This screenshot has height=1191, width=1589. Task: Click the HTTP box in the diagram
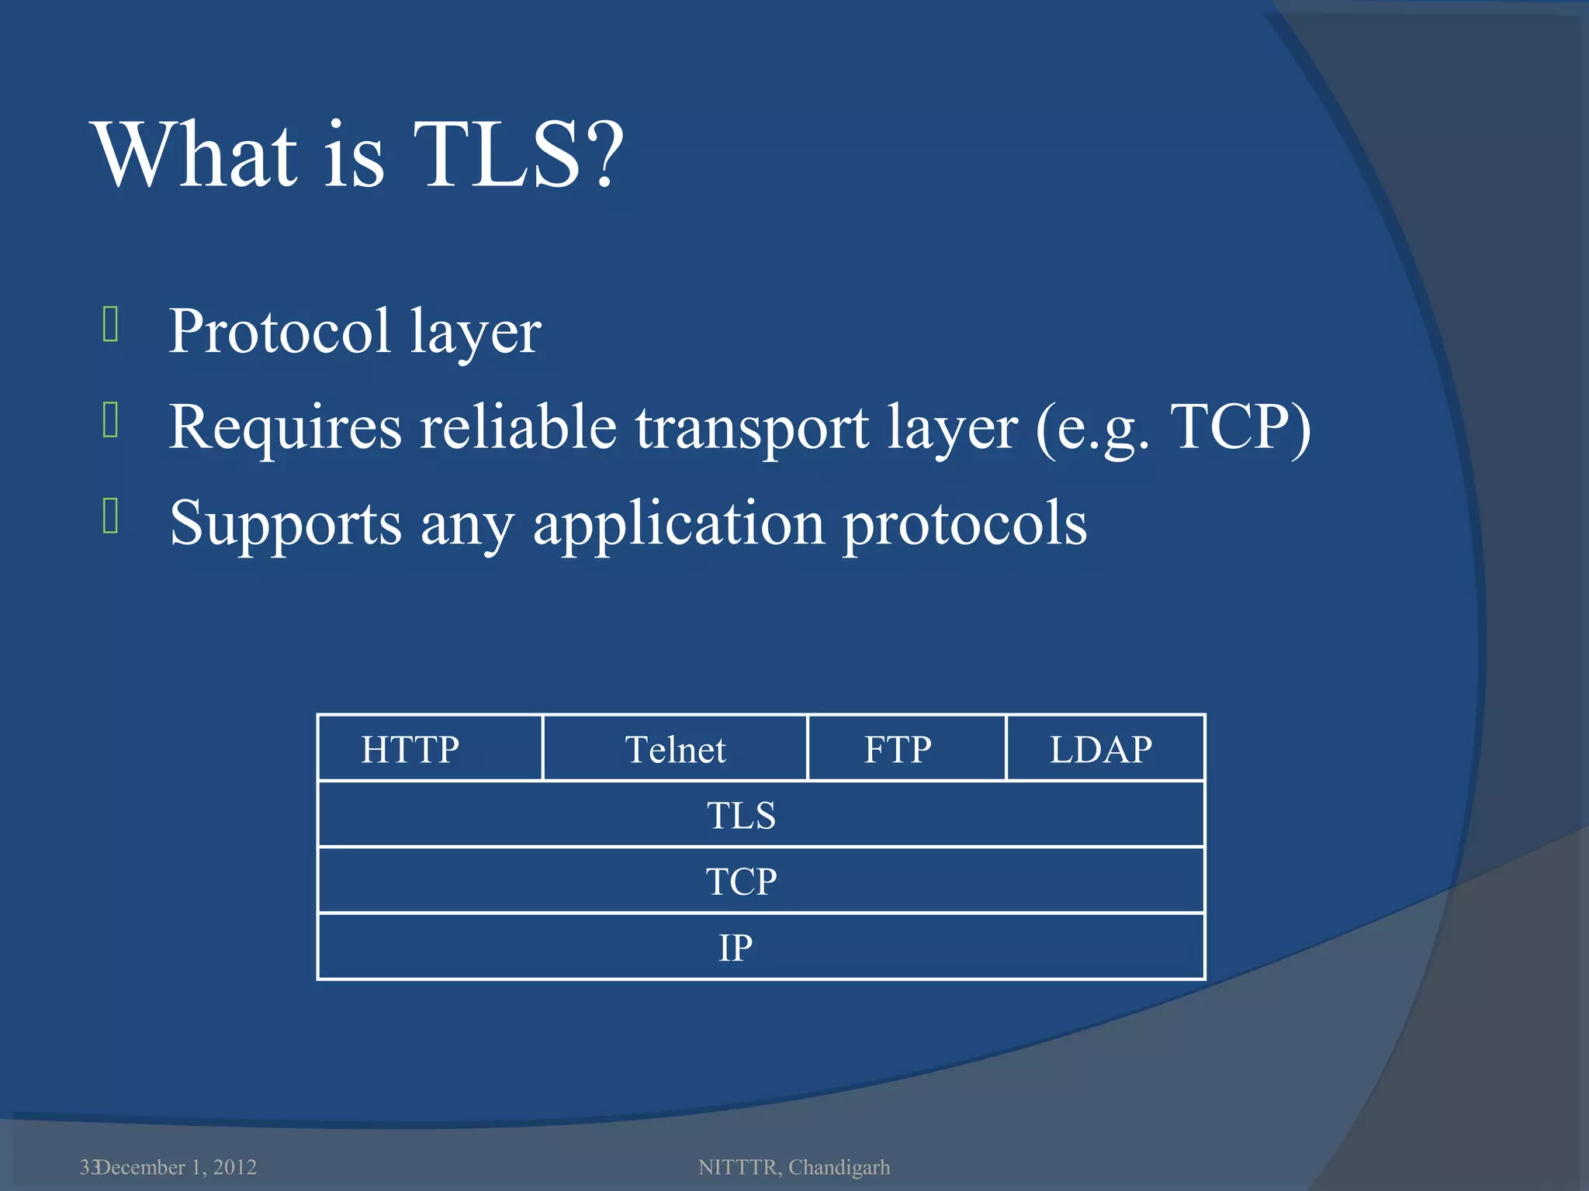click(x=429, y=748)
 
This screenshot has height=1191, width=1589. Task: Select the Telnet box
click(x=675, y=748)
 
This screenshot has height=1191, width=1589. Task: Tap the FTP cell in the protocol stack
click(x=906, y=748)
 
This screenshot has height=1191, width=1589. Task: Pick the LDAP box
click(x=1105, y=748)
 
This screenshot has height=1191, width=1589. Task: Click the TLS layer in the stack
click(x=760, y=814)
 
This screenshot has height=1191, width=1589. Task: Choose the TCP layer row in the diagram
click(x=760, y=880)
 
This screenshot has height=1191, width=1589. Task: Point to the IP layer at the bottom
click(x=760, y=947)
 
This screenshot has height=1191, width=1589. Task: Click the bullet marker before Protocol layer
click(x=110, y=324)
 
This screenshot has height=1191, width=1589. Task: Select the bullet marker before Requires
click(x=110, y=420)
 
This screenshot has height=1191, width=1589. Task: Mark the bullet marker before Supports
click(x=110, y=516)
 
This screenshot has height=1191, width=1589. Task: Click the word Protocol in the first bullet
click(x=279, y=332)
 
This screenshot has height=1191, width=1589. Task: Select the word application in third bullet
click(x=678, y=524)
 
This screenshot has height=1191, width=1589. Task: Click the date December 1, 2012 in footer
click(x=177, y=1167)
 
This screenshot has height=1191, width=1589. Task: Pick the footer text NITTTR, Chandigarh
click(x=794, y=1167)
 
